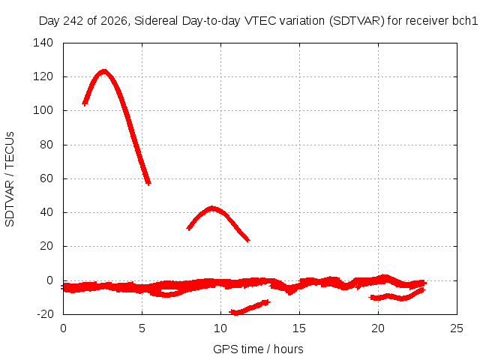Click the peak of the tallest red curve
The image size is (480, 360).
[104, 72]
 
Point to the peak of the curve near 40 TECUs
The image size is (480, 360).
[211, 208]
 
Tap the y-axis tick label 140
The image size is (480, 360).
[43, 43]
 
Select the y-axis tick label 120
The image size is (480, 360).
[43, 76]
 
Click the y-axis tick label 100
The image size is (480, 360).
[43, 110]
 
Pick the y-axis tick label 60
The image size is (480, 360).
[46, 178]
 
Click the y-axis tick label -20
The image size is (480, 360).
[45, 313]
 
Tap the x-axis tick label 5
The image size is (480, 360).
[142, 328]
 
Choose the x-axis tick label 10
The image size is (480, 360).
[220, 328]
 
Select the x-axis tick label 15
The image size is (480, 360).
[299, 328]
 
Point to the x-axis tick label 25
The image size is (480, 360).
[457, 328]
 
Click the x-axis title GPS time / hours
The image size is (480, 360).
[258, 349]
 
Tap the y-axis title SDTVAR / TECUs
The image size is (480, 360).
[10, 179]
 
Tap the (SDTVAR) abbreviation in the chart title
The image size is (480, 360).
[357, 21]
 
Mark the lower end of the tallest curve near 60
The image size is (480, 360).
[148, 183]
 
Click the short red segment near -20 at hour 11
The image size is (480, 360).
[250, 307]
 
